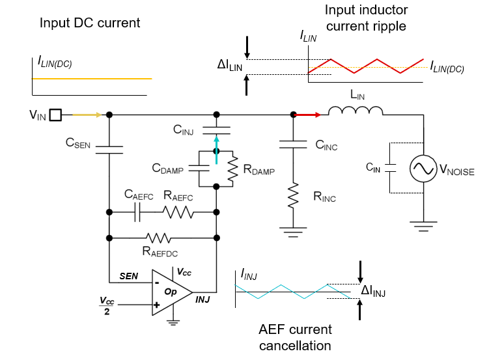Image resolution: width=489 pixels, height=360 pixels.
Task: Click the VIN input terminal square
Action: (56, 115)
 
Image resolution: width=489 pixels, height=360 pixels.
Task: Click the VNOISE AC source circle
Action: (424, 169)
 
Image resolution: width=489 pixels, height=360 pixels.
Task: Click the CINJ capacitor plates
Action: (216, 129)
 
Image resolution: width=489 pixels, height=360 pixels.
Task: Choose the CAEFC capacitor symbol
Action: (138, 212)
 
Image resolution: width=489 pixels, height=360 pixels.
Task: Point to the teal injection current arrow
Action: (216, 145)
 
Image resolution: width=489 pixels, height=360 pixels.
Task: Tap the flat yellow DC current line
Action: (92, 79)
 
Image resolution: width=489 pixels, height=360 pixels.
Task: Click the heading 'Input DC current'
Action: (90, 23)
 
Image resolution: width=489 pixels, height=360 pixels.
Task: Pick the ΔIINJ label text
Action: (374, 292)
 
